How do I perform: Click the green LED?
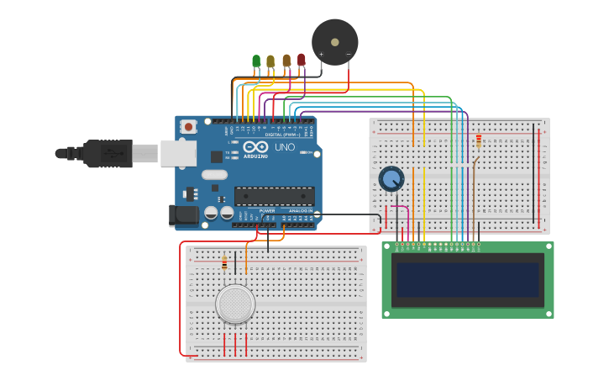(256, 61)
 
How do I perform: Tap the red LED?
(302, 60)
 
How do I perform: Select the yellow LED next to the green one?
(270, 61)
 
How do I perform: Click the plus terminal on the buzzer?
(321, 55)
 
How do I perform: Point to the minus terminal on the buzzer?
(349, 55)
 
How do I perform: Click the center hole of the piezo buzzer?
(335, 41)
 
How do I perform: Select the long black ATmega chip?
(274, 196)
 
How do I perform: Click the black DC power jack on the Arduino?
(184, 215)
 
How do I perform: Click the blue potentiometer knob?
(391, 178)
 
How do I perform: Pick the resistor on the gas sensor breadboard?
(224, 263)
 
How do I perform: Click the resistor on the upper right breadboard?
(479, 140)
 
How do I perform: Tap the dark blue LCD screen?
(467, 280)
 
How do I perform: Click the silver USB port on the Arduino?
(178, 152)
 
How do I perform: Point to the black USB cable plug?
(108, 153)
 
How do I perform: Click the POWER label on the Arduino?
(244, 211)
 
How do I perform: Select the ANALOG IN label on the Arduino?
(299, 211)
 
